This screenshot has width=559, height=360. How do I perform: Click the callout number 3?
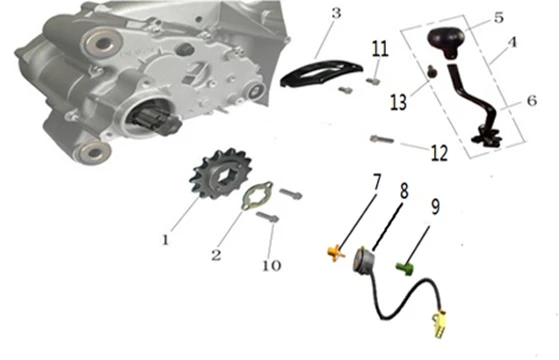(336, 14)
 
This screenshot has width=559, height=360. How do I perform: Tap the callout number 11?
(380, 48)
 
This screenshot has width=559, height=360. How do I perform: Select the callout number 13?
(398, 102)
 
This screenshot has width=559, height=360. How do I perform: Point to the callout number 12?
(439, 153)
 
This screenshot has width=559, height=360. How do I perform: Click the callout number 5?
(499, 17)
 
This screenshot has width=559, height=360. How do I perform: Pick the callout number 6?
(532, 101)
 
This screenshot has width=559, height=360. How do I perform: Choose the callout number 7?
(377, 182)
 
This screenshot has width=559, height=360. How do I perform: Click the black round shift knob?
(446, 42)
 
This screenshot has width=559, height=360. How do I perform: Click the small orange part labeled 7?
(335, 253)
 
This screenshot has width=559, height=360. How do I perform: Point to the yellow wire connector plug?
(439, 323)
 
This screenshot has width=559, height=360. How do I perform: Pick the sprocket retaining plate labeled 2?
(257, 195)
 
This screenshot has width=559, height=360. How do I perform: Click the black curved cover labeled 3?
(321, 71)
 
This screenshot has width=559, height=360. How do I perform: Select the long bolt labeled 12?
(382, 139)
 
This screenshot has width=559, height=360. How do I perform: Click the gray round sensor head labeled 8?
(364, 259)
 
